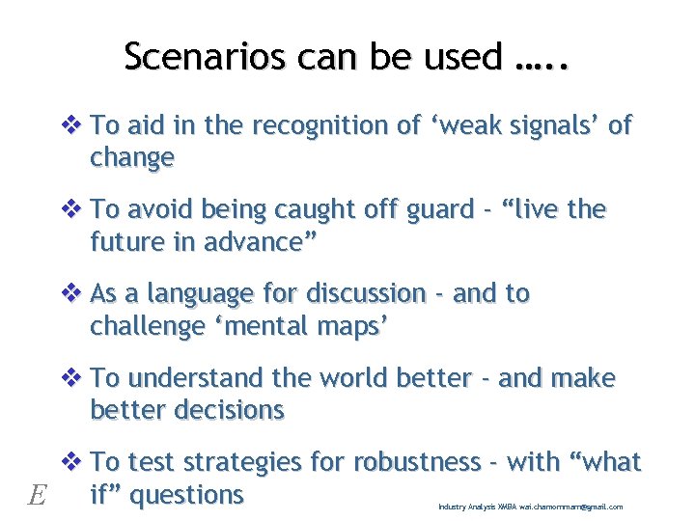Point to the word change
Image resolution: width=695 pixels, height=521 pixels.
[132, 157]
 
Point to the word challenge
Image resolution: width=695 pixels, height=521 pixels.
[148, 326]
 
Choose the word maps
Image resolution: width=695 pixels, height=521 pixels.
[353, 326]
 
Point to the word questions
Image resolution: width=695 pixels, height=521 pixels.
[186, 494]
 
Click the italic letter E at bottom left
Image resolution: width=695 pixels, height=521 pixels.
[38, 496]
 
